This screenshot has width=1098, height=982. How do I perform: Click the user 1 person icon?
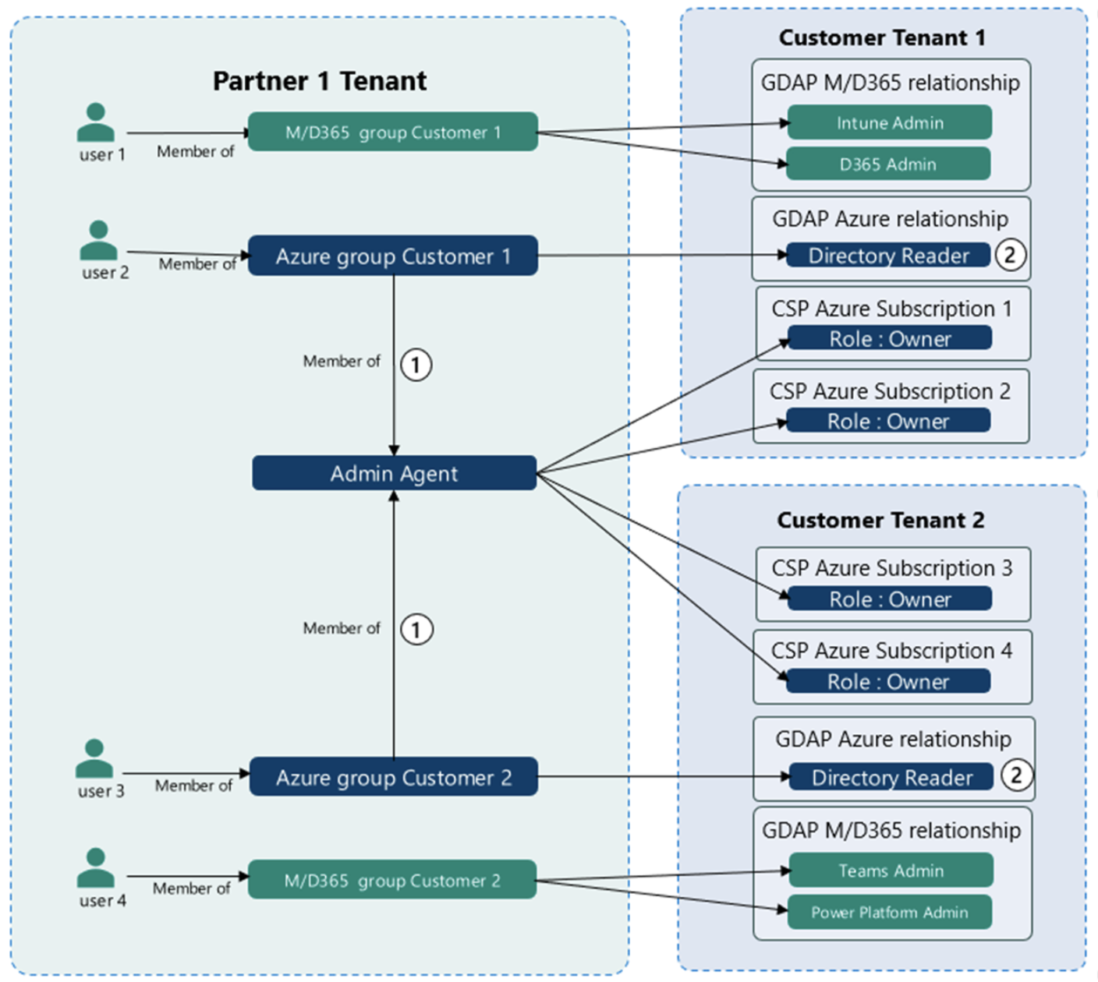pos(96,122)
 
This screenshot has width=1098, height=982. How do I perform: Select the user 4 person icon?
pos(96,867)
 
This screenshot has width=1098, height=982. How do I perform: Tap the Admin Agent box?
pos(394,473)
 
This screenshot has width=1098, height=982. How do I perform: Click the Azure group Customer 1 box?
pos(393,256)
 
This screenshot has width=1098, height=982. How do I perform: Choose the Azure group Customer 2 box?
pos(393,777)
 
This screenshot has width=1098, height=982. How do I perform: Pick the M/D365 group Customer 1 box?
pos(393,132)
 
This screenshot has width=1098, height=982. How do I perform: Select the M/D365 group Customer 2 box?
pos(392,880)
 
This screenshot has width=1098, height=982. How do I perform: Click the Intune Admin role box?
pos(889,122)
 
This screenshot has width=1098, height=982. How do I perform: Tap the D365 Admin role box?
pos(888,164)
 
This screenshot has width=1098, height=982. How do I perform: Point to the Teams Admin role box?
pos(891,871)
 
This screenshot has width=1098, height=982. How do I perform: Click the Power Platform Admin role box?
pos(889,912)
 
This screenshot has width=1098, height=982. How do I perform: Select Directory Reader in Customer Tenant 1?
pos(888,256)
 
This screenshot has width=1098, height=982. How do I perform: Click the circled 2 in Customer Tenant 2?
pos(1016,775)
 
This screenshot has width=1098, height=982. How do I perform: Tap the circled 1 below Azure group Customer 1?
pos(416,365)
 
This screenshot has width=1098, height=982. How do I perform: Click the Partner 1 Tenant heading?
pos(320,81)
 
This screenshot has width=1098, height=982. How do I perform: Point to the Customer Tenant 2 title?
pos(880,520)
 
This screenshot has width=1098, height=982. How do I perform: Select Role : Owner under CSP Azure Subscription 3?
pos(890,599)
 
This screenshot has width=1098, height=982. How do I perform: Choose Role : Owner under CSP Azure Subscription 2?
pos(888,421)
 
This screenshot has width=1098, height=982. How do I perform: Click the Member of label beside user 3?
pos(193,786)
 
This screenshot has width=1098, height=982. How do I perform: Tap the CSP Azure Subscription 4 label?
pos(891,650)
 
